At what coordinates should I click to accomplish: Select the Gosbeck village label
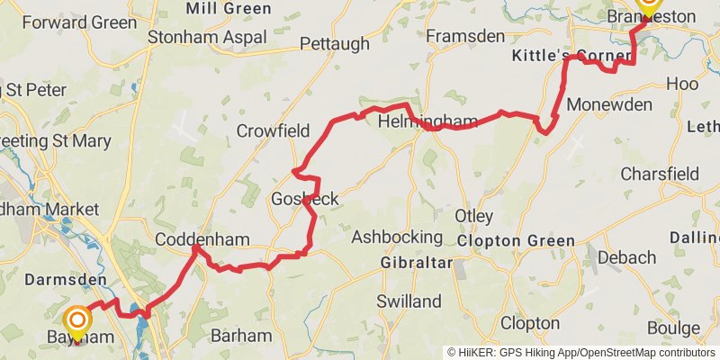[x=305, y=199]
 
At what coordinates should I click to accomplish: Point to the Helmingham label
[x=415, y=121]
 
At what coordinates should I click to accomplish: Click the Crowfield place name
[x=273, y=131]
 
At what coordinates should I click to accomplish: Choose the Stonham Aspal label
[x=207, y=38]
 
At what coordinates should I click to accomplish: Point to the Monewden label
[x=609, y=103]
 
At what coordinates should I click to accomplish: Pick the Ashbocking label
[x=397, y=237]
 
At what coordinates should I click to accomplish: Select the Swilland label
[x=409, y=301]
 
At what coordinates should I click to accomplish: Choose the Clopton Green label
[x=516, y=240]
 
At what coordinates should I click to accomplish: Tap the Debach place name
[x=626, y=257]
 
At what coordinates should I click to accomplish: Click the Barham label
[x=240, y=335]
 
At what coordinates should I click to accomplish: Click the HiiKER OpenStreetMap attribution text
[x=581, y=353]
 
